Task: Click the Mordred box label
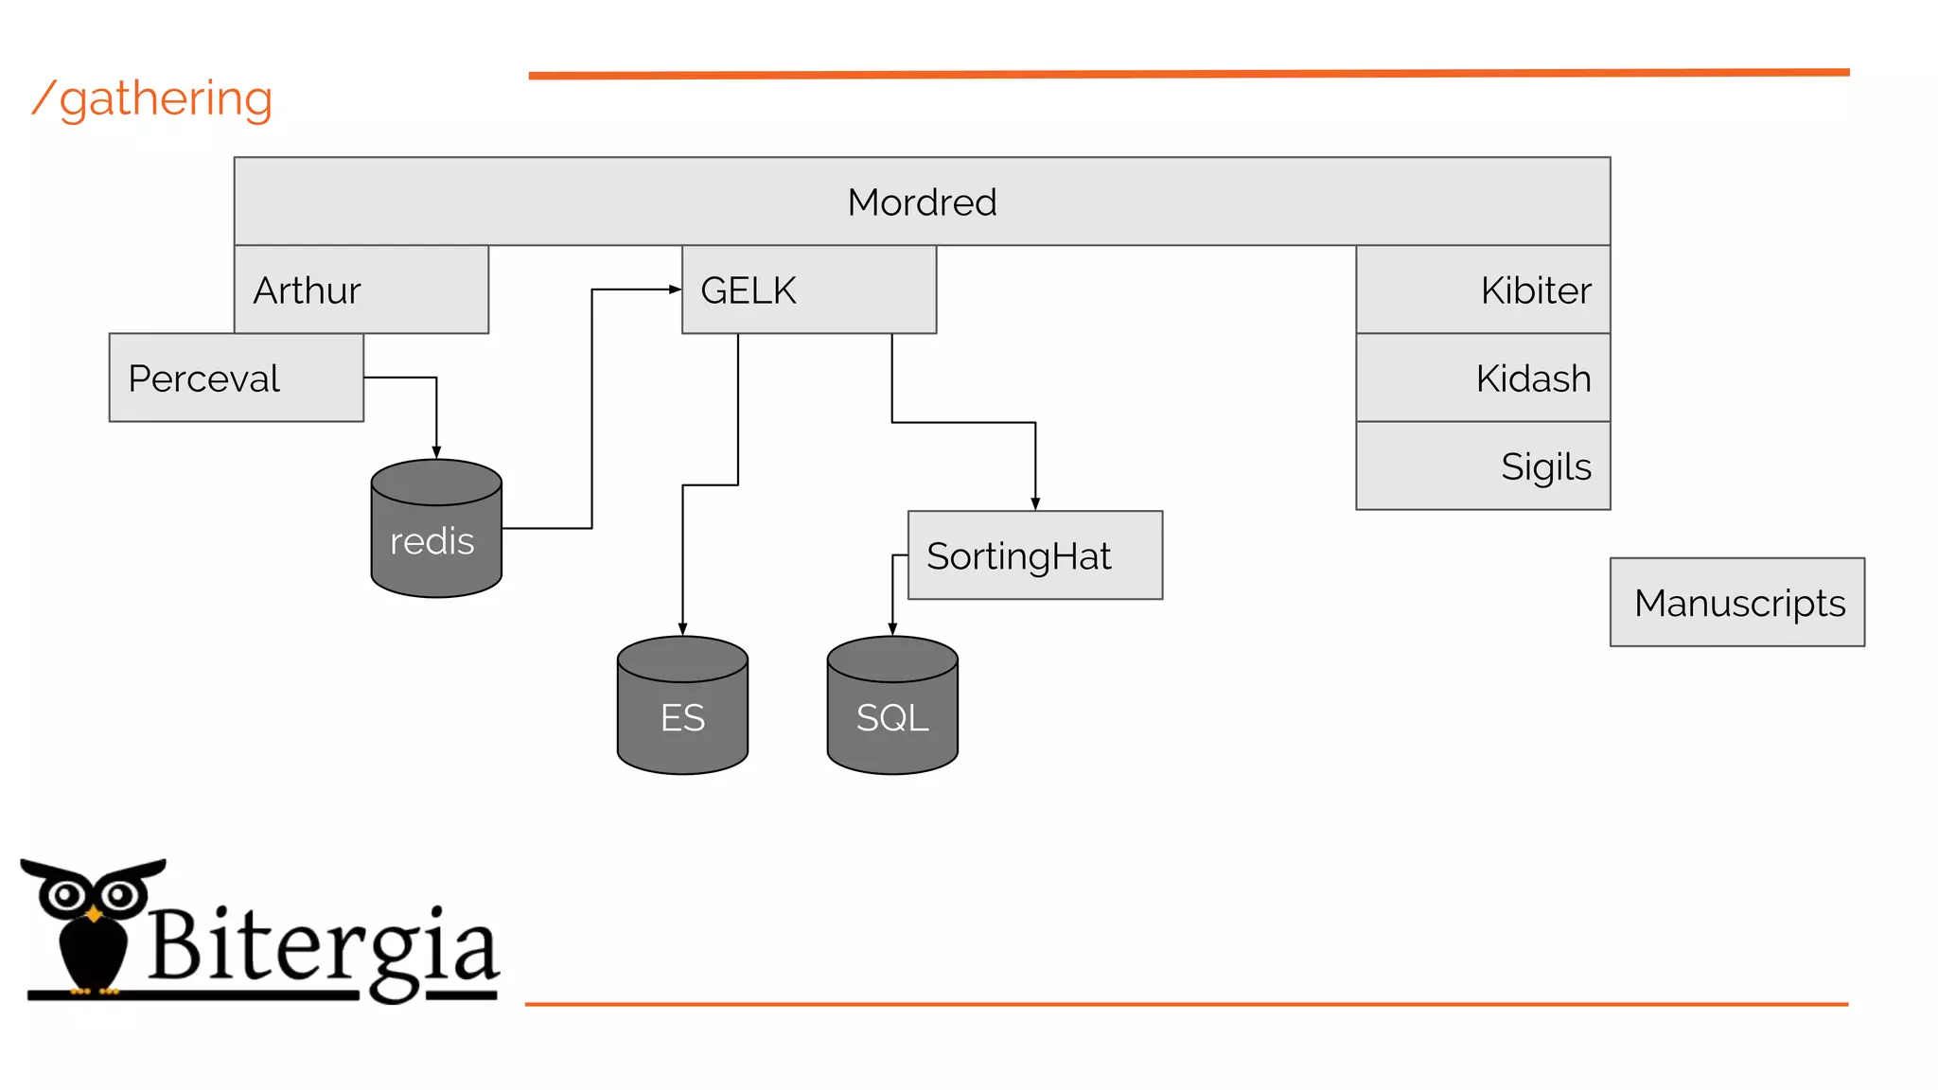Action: click(922, 202)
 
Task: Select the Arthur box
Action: click(361, 290)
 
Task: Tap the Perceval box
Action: click(237, 378)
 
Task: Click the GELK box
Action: click(809, 290)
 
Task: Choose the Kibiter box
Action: click(1483, 290)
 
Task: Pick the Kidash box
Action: click(1483, 378)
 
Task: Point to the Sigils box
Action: click(1483, 466)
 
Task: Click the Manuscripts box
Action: click(1737, 603)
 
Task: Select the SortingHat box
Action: click(1035, 555)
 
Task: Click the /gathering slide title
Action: click(153, 98)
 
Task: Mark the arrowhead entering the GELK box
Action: click(675, 290)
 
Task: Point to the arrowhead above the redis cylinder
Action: click(436, 452)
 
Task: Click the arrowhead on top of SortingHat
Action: click(1035, 503)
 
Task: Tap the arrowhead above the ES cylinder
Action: click(682, 629)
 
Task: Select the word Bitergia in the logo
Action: click(322, 946)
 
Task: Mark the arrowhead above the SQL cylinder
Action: click(892, 629)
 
